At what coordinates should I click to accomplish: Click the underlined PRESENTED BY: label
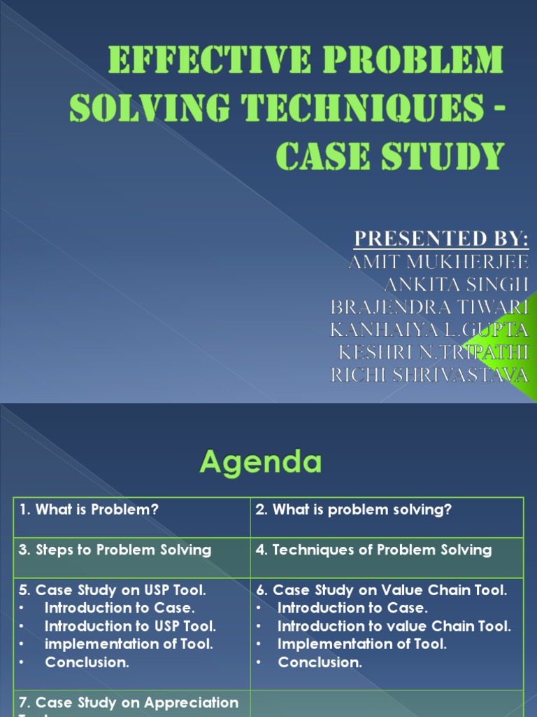(441, 239)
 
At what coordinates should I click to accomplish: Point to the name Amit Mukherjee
(438, 262)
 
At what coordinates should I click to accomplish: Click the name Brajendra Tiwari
(429, 307)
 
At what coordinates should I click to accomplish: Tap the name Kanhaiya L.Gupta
(429, 330)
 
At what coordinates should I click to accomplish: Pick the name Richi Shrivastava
(429, 375)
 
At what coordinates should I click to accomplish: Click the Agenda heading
(261, 462)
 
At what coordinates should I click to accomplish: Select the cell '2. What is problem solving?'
(354, 510)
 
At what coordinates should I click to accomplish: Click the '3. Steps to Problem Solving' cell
(115, 550)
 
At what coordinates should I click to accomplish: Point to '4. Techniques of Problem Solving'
(374, 550)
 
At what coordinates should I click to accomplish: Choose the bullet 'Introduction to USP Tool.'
(131, 626)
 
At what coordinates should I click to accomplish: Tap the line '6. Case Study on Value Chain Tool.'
(382, 590)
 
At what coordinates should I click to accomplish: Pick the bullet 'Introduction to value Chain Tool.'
(394, 626)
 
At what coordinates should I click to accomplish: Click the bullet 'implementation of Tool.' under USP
(129, 643)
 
